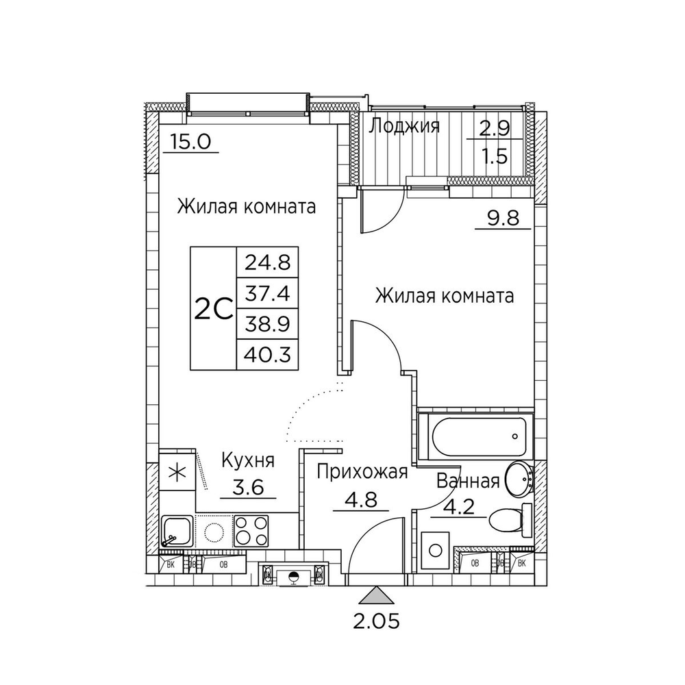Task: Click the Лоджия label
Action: coord(405,126)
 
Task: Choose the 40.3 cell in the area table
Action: coord(267,356)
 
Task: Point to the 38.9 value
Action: coord(267,325)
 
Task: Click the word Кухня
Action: coord(247,460)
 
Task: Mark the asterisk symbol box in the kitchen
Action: coord(177,473)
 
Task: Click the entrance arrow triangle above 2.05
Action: coord(377,595)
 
